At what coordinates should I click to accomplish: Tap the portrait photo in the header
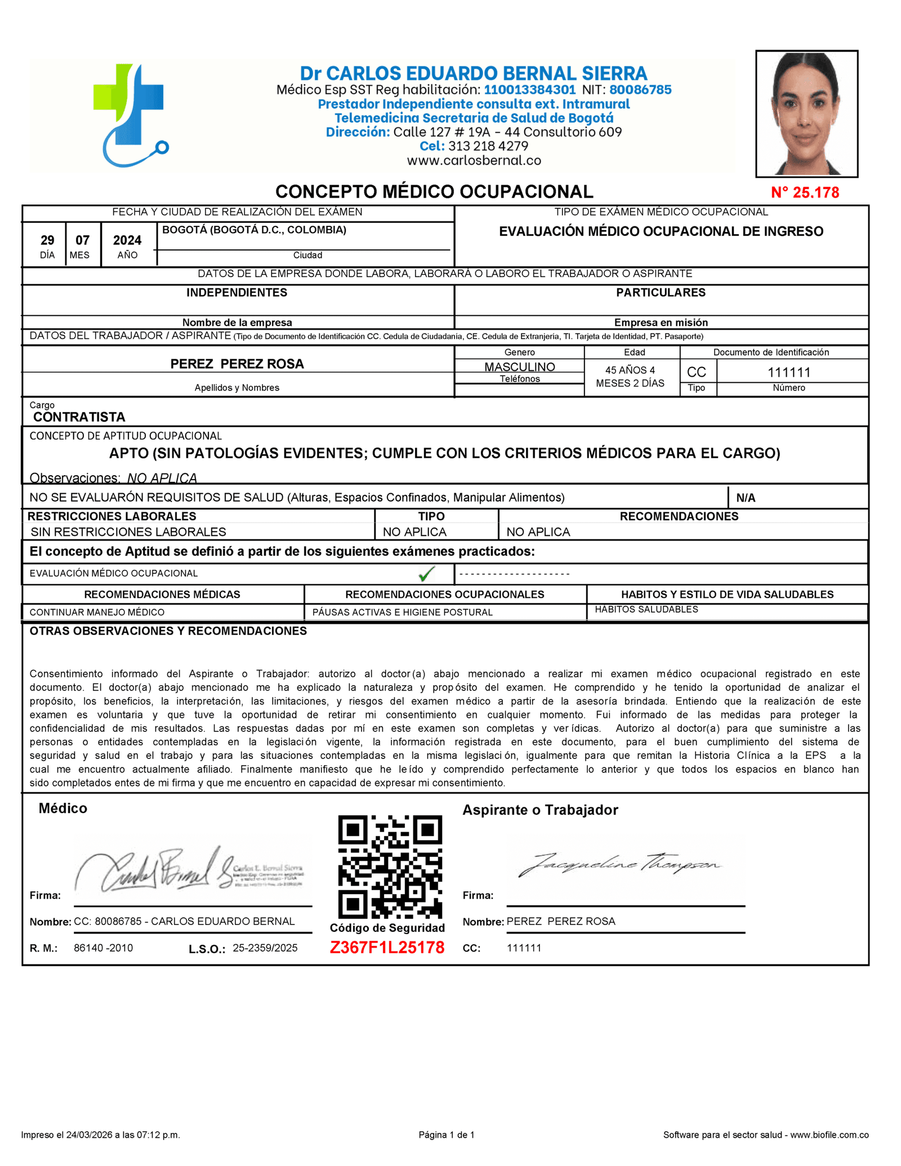click(806, 114)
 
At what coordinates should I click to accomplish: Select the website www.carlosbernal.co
click(474, 160)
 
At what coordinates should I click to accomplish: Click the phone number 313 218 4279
click(488, 146)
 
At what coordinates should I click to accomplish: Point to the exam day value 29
click(47, 240)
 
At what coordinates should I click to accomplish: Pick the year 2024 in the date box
click(127, 240)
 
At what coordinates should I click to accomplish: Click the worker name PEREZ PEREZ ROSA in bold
click(237, 364)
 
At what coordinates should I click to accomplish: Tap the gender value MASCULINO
click(519, 367)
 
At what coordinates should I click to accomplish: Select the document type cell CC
click(696, 372)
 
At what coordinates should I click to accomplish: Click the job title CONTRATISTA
click(79, 417)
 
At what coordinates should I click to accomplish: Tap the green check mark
click(427, 574)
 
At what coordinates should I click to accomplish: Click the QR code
click(390, 867)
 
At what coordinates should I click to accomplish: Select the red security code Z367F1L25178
click(387, 948)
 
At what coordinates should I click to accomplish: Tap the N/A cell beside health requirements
click(746, 498)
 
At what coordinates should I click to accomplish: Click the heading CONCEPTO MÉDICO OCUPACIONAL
click(434, 192)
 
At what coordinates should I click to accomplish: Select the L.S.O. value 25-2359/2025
click(265, 948)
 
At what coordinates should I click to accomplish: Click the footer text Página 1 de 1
click(447, 1135)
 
